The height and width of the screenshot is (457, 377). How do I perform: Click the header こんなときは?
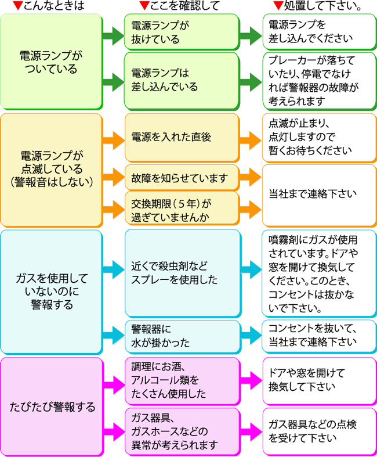click(x=49, y=6)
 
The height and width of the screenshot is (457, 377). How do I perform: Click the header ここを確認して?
click(x=179, y=6)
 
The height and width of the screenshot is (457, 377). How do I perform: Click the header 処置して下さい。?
click(x=317, y=6)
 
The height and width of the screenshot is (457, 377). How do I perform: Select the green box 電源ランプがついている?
click(x=52, y=62)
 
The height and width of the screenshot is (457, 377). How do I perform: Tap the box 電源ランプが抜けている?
click(x=182, y=32)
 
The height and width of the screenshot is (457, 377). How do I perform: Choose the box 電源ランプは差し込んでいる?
click(x=182, y=81)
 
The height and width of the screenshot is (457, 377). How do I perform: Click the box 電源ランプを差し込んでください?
click(x=320, y=32)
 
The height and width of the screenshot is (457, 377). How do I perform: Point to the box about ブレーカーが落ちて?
click(x=320, y=81)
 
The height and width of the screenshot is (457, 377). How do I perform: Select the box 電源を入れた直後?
click(x=182, y=137)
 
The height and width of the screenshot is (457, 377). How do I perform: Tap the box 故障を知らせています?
click(x=182, y=178)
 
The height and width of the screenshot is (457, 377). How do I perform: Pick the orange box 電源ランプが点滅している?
click(x=52, y=170)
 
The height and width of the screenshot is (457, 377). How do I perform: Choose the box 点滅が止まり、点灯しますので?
click(x=320, y=137)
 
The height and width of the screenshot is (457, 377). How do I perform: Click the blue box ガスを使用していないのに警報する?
click(x=52, y=292)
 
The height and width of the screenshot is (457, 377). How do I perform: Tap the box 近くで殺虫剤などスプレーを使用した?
click(x=183, y=273)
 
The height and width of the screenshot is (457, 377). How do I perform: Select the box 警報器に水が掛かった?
click(x=183, y=337)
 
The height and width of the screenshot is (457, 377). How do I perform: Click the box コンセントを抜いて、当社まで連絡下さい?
click(x=319, y=336)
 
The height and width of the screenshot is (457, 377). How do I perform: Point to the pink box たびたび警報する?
click(x=52, y=407)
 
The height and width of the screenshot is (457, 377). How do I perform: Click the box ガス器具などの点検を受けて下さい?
click(x=320, y=431)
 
